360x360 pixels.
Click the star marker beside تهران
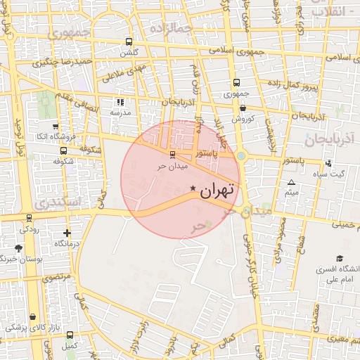tap(193, 188)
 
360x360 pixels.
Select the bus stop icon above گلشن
tap(128, 41)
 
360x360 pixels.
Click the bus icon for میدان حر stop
tap(172, 154)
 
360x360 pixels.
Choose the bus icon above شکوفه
tap(64, 150)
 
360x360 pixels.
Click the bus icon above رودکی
tap(29, 218)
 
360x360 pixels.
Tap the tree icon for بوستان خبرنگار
tap(18, 248)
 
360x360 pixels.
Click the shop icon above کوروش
tap(243, 108)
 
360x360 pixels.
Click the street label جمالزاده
tap(170, 27)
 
